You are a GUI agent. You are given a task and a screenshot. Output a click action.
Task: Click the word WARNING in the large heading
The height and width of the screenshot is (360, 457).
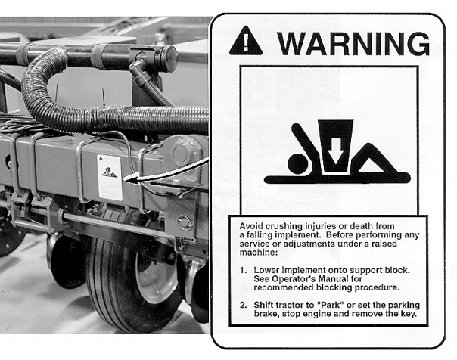[x=353, y=44]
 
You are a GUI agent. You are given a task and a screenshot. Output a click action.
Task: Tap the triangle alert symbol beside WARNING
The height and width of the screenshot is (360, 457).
[x=246, y=41]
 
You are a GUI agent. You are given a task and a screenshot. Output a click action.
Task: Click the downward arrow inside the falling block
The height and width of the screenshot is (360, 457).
[x=336, y=151]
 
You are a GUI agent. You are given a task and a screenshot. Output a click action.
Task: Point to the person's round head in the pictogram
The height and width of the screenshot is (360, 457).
[x=298, y=163]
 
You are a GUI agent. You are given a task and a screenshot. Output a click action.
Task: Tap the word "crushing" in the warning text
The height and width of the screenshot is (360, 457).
[x=284, y=226]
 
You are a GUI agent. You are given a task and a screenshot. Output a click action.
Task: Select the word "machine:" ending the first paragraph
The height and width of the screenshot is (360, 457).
[x=258, y=253]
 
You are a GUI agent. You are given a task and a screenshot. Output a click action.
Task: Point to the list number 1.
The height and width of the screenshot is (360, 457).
[x=243, y=270]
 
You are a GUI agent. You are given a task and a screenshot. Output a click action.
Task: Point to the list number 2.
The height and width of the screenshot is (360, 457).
[x=243, y=306]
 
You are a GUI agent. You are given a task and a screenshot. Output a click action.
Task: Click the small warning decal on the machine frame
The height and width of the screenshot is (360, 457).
[x=110, y=178]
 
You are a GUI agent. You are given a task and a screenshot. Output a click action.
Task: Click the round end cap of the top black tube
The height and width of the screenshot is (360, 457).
[x=169, y=58]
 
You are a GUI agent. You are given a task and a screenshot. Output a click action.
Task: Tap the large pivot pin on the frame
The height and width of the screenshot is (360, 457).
[x=182, y=152]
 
